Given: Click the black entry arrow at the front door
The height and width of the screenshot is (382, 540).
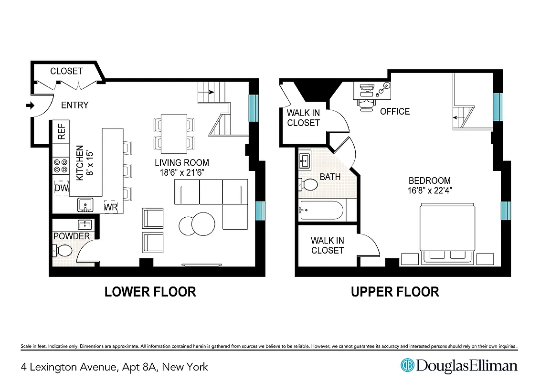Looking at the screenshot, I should coord(30,106).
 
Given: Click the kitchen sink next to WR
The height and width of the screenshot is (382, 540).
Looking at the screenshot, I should coord(85,206).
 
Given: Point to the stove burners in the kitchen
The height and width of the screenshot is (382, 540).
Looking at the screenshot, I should coord(61,165).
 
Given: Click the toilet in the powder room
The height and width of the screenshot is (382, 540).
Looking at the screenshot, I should coord(62,250).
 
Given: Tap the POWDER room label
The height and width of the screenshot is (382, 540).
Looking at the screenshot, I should coord(72,236).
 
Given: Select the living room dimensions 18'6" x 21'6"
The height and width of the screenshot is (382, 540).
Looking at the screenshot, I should coord(182,172).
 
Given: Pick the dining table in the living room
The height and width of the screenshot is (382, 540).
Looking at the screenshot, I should coord(174,132).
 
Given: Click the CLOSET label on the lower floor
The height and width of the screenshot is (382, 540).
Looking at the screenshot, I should coord(66,71).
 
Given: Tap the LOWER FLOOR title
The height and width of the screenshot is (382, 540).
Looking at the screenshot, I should coord(150,292).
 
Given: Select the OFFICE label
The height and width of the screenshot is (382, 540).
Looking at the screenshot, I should coord(394,112).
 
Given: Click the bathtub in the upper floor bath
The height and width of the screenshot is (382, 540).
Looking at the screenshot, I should coord(321,210).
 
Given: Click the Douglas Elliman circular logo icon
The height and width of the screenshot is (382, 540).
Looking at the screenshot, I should coord(407,366).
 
